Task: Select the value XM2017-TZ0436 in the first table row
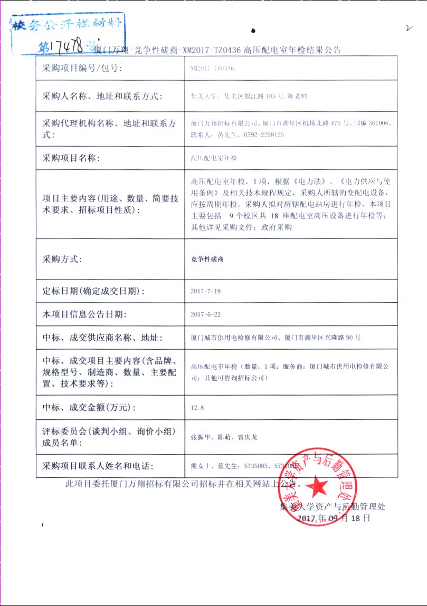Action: click(212, 69)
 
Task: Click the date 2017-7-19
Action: click(206, 291)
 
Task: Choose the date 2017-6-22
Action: click(206, 314)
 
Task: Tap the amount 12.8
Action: click(197, 408)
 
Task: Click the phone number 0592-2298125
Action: click(264, 135)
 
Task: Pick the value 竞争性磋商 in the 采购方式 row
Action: click(207, 259)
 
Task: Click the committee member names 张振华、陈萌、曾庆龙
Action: click(224, 437)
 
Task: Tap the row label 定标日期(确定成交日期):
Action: click(93, 291)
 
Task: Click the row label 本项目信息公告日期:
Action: click(84, 314)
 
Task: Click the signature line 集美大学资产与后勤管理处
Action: click(333, 507)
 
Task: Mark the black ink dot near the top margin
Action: click(254, 31)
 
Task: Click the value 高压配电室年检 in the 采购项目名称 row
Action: click(214, 158)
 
